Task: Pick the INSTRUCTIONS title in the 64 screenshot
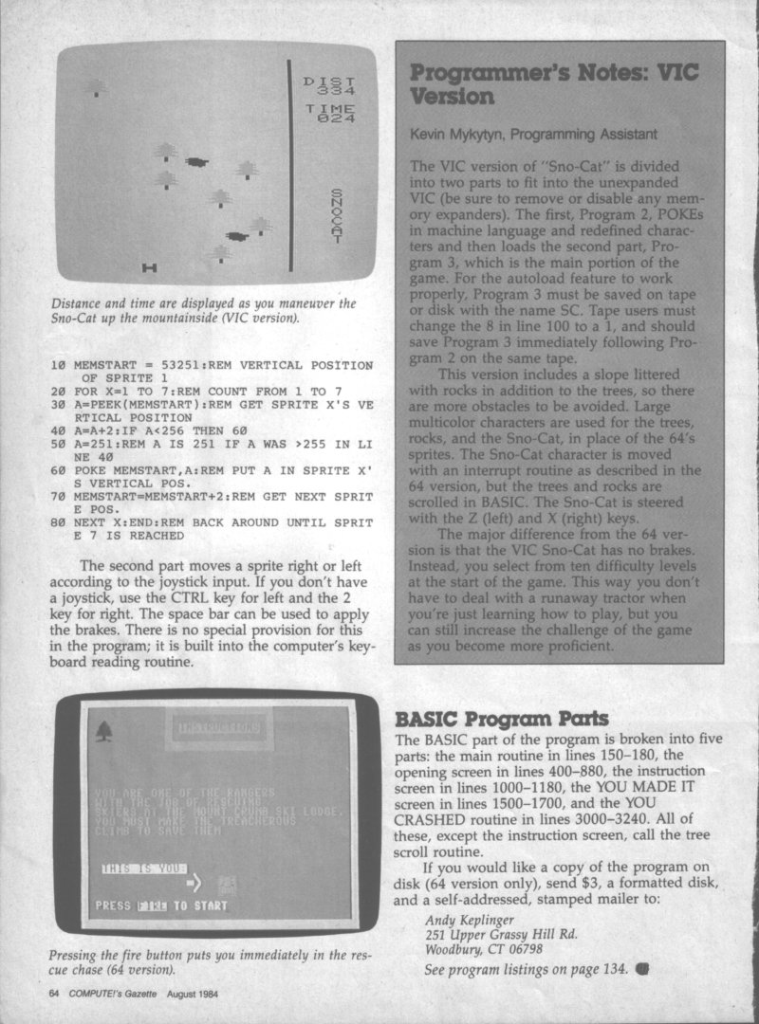[x=217, y=729]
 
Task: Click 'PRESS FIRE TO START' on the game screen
[x=161, y=905]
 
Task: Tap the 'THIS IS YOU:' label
[x=144, y=868]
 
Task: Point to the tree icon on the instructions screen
[x=103, y=731]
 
